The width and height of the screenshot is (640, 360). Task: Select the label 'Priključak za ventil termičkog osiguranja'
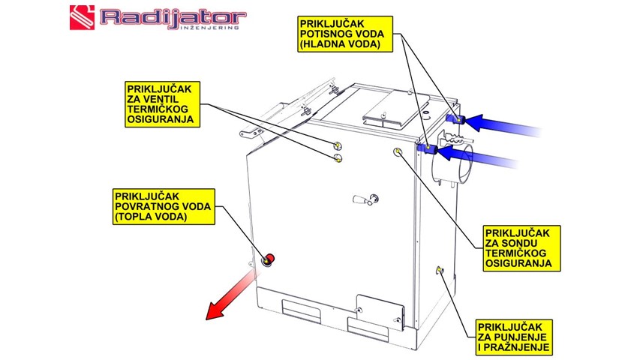(160, 103)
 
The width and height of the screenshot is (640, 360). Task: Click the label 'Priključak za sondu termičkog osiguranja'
(518, 247)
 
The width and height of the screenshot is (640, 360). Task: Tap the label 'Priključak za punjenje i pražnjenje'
(515, 337)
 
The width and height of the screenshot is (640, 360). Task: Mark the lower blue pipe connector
(427, 149)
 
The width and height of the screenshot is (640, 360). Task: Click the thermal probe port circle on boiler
(397, 151)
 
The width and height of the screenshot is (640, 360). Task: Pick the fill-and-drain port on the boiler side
(440, 271)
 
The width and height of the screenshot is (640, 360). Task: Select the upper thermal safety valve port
(338, 145)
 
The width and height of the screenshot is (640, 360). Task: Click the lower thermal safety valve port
(338, 158)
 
